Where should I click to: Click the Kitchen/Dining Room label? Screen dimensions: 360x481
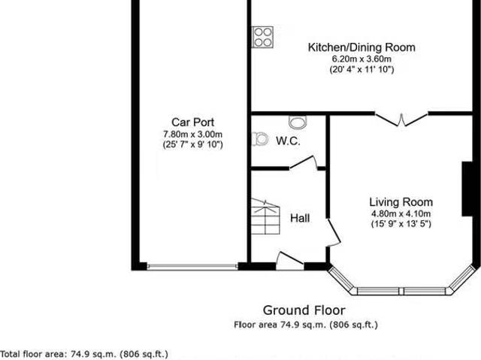362,47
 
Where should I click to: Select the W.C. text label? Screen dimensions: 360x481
288,141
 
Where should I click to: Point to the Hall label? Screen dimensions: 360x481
300,218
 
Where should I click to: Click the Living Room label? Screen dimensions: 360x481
401,201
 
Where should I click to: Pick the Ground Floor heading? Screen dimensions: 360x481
304,310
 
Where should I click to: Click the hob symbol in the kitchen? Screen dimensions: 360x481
263,36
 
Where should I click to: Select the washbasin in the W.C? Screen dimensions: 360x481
298,122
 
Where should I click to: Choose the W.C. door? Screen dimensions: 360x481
309,161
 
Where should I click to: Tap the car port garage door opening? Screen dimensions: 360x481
192,265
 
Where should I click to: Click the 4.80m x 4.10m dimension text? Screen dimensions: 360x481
401,213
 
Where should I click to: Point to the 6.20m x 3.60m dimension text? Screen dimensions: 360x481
362,59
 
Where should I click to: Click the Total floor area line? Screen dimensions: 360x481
84,352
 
